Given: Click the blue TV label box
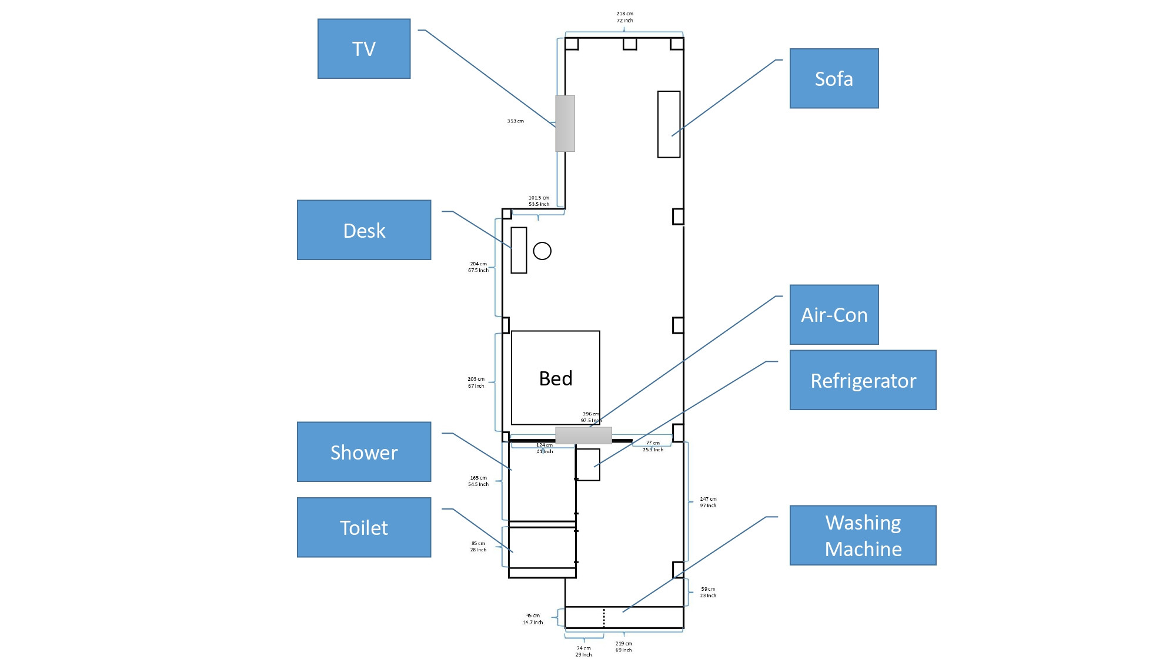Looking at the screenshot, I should coord(364,49).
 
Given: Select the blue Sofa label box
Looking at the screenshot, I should coord(834,79).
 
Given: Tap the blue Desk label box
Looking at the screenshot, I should coord(364,230).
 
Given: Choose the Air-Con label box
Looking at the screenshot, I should coord(834,315).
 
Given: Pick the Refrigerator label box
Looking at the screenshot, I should coord(863,380).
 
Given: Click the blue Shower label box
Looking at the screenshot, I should coord(364,452).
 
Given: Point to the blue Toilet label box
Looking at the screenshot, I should coord(364,527).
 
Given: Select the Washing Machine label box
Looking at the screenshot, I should coord(863,535).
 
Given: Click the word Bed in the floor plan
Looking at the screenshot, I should coord(556,378).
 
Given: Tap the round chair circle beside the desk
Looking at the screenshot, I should coord(542,251).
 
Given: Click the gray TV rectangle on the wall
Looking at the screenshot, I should coord(565,124).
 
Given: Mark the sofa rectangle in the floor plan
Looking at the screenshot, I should coord(669,124).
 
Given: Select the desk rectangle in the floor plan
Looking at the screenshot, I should coord(519,250).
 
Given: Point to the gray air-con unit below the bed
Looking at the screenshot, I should coord(583,435).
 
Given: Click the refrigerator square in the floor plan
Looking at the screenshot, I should coord(587,465).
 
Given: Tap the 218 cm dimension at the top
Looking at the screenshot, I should coord(624,14).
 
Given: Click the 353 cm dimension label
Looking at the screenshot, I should coord(515,121).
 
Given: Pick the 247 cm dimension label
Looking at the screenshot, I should coord(708,499).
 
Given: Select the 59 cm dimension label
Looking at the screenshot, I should coord(708,589).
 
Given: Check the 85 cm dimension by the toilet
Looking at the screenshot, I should coord(478,544).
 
